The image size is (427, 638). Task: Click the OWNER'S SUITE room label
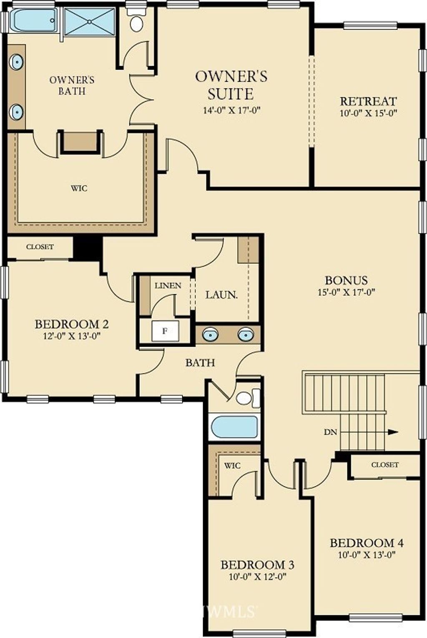click(231, 85)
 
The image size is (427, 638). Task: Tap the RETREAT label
click(368, 101)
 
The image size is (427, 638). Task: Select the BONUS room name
click(346, 280)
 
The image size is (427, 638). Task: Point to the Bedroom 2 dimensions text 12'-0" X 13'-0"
click(72, 336)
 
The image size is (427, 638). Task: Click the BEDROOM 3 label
click(257, 565)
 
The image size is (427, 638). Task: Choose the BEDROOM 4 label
click(367, 543)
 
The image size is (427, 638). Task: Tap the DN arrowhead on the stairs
click(393, 432)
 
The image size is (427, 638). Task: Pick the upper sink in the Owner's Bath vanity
click(16, 62)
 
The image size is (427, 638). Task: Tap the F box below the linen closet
click(165, 331)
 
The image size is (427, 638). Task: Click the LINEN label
click(168, 286)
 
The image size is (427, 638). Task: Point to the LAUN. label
click(221, 295)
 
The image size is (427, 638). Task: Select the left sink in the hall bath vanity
click(211, 334)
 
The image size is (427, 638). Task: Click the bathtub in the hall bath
click(234, 427)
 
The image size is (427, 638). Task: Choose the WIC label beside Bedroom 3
click(232, 465)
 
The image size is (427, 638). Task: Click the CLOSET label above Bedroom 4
click(384, 465)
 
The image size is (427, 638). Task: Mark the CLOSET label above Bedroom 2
click(40, 247)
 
